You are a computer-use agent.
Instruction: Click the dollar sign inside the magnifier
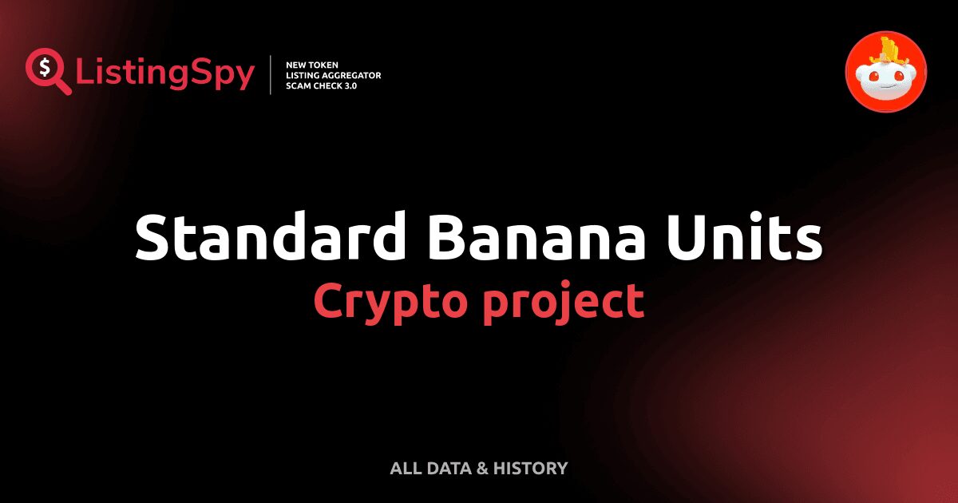click(43, 65)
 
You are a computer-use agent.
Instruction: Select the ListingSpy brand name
click(165, 73)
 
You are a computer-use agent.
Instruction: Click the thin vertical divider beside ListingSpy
click(272, 74)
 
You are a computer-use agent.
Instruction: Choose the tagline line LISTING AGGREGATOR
click(333, 74)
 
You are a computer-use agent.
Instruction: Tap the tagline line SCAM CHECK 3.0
click(321, 85)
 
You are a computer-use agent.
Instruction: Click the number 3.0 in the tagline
click(349, 85)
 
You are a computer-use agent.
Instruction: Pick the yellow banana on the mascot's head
click(889, 50)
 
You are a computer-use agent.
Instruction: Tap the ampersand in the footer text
click(481, 468)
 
